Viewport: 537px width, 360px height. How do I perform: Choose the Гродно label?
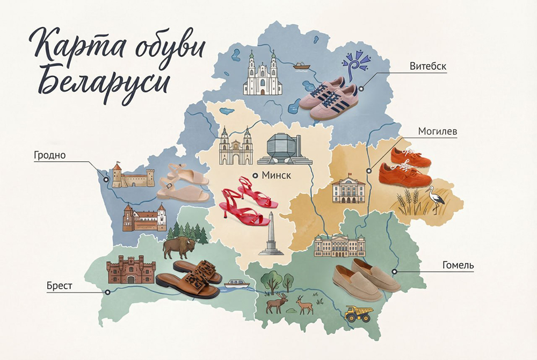48,155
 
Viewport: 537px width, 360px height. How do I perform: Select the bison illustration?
177,248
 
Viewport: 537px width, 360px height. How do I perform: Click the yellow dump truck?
358,313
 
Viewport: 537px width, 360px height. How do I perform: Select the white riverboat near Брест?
236,283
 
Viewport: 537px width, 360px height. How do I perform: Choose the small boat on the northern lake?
301,67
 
